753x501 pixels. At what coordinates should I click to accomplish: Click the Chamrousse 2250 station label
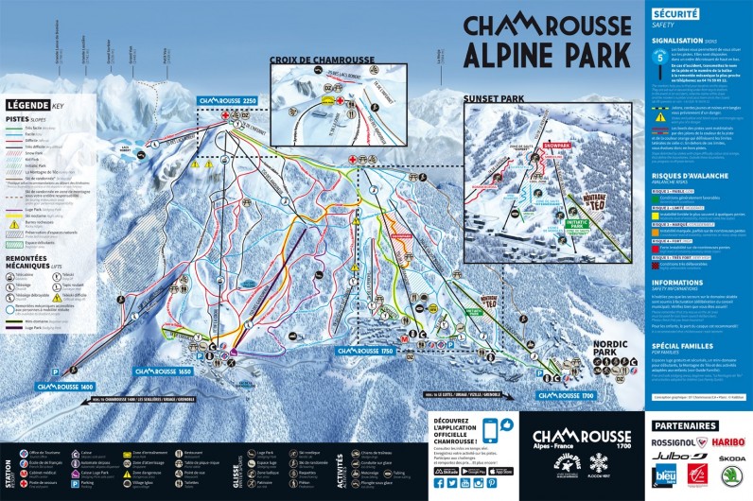227,100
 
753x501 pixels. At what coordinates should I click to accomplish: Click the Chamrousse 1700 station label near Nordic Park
568,395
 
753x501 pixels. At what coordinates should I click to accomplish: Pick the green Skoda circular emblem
731,475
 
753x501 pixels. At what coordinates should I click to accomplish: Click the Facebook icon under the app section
440,483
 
